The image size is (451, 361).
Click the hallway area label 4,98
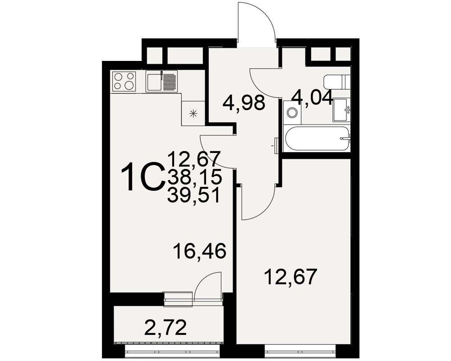point(244,103)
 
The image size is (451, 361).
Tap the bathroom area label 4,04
point(312,98)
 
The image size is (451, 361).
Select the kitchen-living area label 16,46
point(199,251)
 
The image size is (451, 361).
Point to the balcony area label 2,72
point(165,327)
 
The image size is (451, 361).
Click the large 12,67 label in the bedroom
point(290,277)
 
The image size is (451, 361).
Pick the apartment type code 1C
point(143,176)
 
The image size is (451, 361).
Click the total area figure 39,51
point(195,196)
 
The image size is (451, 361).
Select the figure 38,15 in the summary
point(195,177)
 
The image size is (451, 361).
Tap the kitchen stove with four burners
point(124,81)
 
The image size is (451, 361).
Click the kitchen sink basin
point(154,82)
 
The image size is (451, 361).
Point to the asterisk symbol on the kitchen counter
point(193,113)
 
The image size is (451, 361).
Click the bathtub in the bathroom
point(317,139)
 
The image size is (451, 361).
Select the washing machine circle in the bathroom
point(293,112)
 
